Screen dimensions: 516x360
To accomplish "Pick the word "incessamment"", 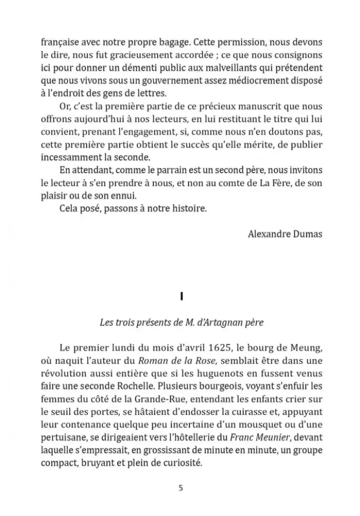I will click(66, 157).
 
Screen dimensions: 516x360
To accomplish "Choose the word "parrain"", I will click(169, 171).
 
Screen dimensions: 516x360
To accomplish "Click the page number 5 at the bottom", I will click(180, 488).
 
